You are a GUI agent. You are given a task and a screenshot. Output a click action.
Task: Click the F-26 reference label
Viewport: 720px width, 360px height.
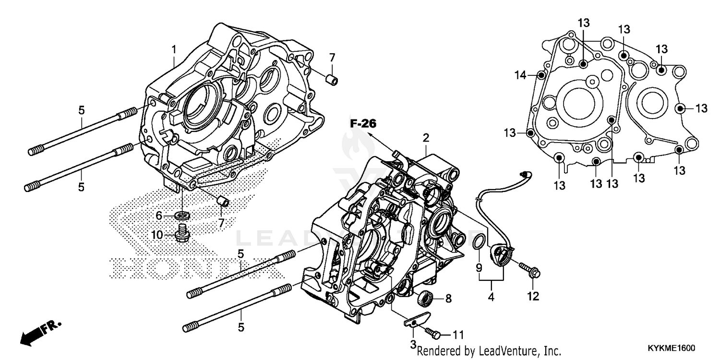362,124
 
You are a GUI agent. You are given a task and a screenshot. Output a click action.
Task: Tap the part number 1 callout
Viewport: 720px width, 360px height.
174,49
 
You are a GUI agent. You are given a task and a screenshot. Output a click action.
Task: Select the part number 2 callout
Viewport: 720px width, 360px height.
425,138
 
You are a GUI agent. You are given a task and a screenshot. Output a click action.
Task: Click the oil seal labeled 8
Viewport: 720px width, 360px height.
425,298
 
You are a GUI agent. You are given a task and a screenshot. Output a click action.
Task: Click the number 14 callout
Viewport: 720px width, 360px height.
521,75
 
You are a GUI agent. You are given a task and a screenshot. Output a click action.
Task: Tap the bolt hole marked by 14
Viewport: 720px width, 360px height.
541,75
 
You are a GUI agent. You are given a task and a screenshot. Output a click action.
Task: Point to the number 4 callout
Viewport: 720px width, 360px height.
491,297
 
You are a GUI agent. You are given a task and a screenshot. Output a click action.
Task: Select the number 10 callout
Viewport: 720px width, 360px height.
157,235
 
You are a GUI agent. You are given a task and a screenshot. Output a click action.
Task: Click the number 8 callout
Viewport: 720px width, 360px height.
448,299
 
